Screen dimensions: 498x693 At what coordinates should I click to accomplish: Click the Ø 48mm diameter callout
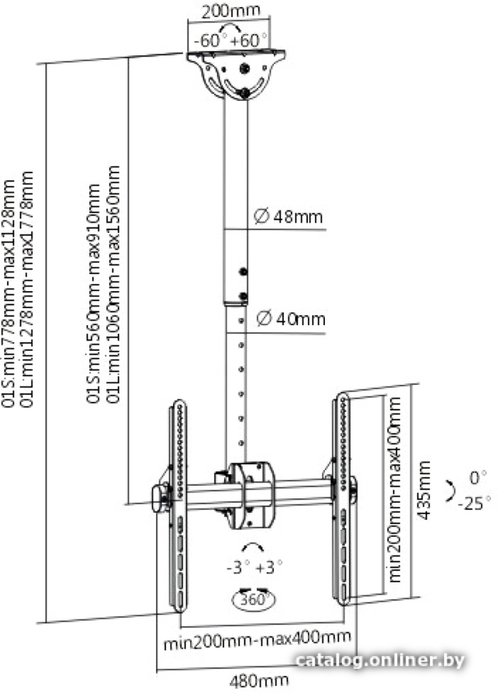(x=288, y=217)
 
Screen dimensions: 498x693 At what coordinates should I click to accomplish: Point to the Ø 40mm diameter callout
(x=290, y=319)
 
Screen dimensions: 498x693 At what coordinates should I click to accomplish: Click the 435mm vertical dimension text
(x=424, y=490)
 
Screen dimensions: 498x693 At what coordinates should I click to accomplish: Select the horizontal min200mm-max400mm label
(x=257, y=640)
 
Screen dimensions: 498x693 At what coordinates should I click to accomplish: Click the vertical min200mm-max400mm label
(x=395, y=490)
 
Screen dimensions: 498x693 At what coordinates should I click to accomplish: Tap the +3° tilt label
(x=268, y=567)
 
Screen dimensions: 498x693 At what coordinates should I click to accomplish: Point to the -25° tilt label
(x=474, y=503)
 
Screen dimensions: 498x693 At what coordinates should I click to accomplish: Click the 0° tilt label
(x=478, y=478)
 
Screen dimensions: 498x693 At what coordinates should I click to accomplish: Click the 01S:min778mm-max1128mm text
(x=9, y=292)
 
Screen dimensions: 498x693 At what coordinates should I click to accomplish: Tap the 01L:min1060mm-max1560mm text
(x=114, y=284)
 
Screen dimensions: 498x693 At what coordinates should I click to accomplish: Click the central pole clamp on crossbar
(x=251, y=495)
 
